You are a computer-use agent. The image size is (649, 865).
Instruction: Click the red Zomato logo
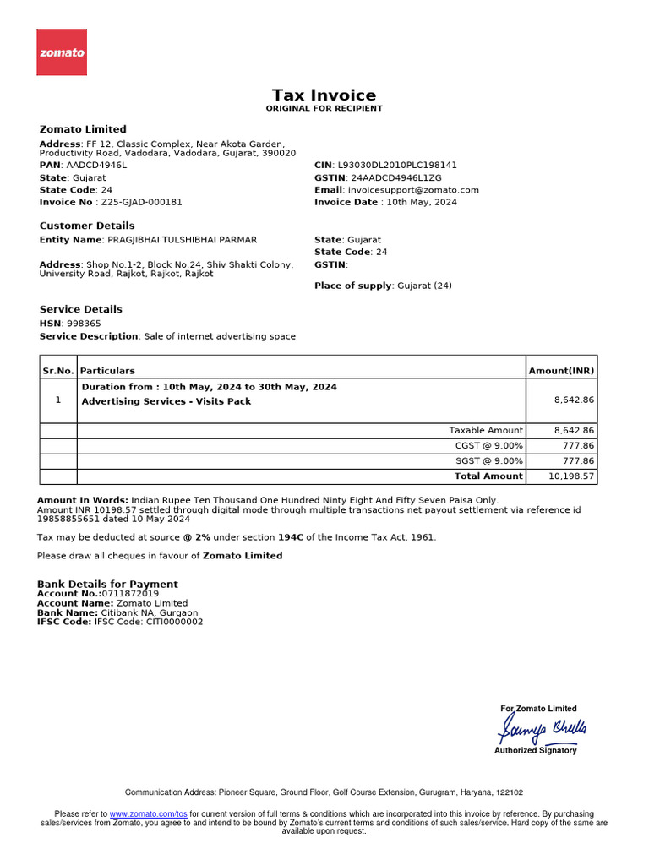62,52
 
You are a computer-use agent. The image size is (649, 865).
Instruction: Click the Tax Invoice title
324,95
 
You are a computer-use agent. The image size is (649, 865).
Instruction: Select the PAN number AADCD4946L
96,166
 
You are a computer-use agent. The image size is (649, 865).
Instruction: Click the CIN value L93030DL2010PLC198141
397,166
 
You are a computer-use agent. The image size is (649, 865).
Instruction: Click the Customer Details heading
87,226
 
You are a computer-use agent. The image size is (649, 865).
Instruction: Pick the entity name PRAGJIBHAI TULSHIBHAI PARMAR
183,241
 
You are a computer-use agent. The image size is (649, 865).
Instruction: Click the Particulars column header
107,371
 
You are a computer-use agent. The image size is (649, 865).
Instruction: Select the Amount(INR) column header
561,371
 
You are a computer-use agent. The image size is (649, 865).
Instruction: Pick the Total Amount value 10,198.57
571,476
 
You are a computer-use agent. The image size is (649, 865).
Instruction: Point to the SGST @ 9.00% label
488,461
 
